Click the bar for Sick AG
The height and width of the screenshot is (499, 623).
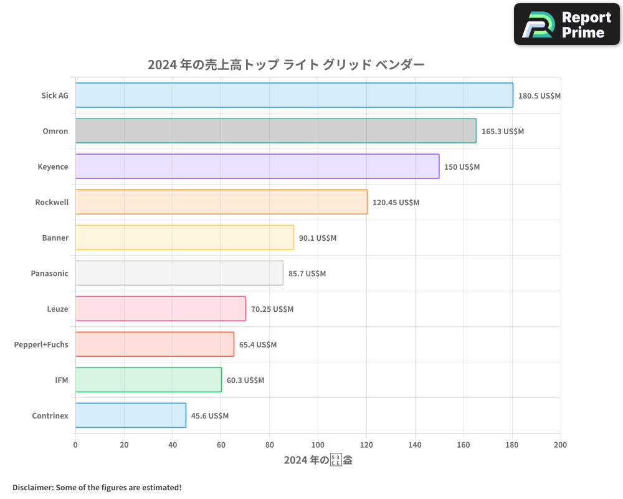(x=294, y=95)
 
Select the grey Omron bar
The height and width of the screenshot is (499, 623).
(x=275, y=131)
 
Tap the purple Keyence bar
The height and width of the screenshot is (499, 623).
(x=257, y=167)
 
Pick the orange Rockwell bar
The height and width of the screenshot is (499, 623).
(x=221, y=202)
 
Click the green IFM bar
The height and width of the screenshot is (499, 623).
(x=148, y=380)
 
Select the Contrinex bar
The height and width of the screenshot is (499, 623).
(x=131, y=415)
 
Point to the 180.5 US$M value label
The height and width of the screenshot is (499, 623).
(x=540, y=96)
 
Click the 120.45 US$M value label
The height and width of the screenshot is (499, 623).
(x=396, y=203)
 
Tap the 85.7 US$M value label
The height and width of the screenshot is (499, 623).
(x=307, y=274)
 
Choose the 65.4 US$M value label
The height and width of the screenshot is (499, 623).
(x=258, y=345)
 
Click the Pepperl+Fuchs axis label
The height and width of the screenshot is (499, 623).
(x=41, y=344)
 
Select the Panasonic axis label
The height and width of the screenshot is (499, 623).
(x=49, y=273)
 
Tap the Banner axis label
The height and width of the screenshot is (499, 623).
(x=55, y=238)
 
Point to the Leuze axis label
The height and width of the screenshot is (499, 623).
(x=57, y=309)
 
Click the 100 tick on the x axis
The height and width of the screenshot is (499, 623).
(x=318, y=445)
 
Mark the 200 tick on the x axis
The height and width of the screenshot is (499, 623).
(x=560, y=445)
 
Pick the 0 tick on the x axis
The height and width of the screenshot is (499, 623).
(x=75, y=445)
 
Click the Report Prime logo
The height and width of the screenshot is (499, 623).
(x=567, y=24)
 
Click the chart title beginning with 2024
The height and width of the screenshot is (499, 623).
(x=286, y=64)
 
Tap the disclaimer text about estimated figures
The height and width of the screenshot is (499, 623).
(x=97, y=487)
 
